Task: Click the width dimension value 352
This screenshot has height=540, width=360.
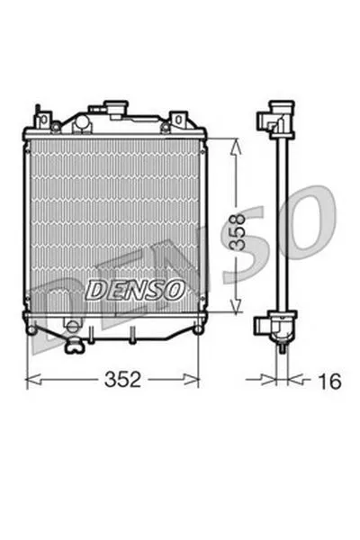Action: click(122, 379)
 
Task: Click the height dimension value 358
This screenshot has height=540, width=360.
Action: click(238, 231)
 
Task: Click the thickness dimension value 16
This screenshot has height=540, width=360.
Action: click(329, 381)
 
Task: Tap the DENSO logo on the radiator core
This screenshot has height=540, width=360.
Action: click(135, 289)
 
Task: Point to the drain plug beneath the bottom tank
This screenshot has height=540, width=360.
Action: click(75, 346)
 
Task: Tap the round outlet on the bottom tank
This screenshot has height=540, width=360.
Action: click(73, 326)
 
